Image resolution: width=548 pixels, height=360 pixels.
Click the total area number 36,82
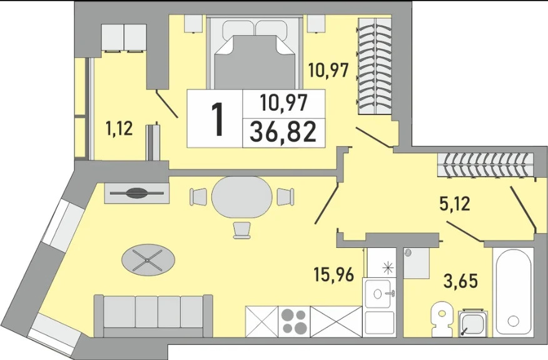283,132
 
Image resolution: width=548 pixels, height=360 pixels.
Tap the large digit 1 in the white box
218,119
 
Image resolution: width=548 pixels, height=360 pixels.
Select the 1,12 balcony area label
119,129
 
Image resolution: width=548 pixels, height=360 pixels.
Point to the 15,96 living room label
335,274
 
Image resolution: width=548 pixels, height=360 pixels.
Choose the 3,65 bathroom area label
460,281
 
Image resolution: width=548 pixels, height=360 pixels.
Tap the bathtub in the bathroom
513,292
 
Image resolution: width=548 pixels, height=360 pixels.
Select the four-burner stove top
294,322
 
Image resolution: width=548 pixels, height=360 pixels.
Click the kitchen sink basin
378,294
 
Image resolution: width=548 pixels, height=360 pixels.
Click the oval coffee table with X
148,260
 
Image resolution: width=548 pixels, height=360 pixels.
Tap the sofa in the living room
153,316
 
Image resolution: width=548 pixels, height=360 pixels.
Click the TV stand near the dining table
137,192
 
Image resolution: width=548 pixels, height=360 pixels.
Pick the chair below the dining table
242,230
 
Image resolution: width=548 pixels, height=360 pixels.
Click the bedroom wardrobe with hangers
374,66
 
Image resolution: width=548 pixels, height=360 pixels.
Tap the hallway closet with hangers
487,165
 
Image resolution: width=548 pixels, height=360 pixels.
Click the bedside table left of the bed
194,24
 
